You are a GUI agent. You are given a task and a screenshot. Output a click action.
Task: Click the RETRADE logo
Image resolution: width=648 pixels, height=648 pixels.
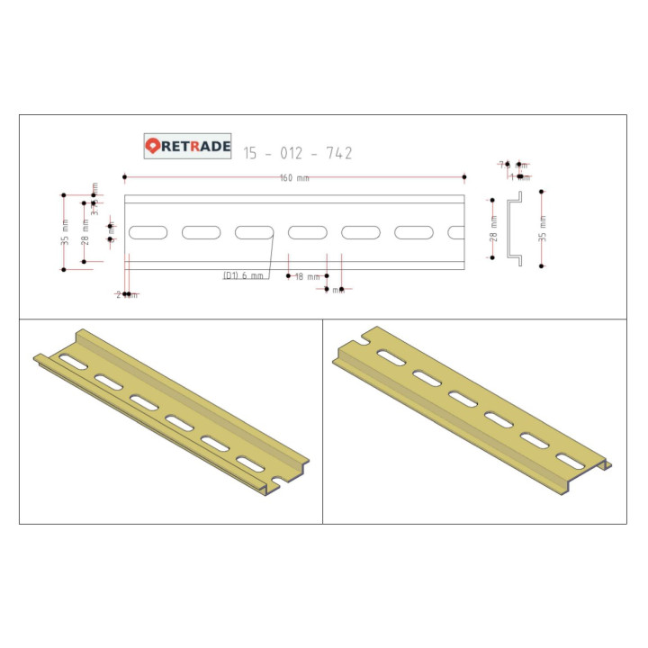tap(189, 146)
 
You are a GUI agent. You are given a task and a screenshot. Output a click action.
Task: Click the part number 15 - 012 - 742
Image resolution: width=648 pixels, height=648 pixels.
tap(297, 153)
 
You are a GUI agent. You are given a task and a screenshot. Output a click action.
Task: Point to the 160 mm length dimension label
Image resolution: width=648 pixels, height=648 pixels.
tap(293, 178)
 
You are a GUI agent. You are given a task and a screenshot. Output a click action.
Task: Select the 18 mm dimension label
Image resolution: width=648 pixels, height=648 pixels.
tap(307, 276)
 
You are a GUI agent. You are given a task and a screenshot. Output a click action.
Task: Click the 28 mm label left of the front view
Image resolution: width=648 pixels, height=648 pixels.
tap(85, 232)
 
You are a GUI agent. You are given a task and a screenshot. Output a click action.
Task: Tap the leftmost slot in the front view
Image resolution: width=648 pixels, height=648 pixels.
tap(148, 232)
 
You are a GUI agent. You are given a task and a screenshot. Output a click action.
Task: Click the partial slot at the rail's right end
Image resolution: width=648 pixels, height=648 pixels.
tap(457, 232)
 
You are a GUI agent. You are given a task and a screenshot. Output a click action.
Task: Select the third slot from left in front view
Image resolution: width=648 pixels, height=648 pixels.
tap(254, 232)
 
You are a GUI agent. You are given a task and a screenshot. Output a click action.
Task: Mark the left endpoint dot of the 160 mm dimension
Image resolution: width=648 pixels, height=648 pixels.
tap(124, 176)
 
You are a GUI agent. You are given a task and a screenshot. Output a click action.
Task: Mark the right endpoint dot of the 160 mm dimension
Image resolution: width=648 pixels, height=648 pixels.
tap(464, 176)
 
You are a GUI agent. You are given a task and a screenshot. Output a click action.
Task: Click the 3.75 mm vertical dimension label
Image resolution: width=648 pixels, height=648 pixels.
tap(94, 193)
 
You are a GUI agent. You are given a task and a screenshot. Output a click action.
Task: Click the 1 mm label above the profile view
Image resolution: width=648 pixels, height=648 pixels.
tap(518, 176)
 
